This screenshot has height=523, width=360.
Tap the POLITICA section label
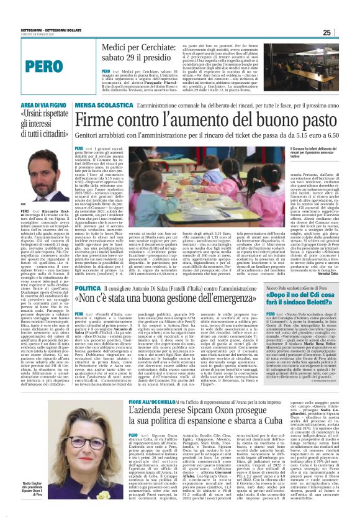click(x=87, y=289)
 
